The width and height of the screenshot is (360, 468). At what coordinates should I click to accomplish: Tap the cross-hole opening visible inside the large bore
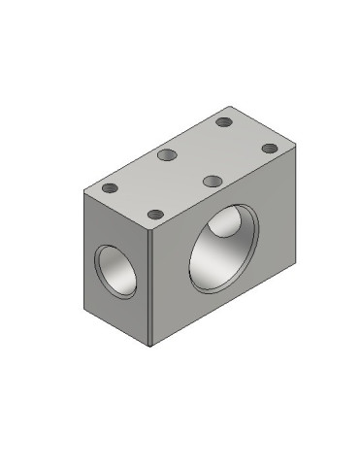[x=225, y=225]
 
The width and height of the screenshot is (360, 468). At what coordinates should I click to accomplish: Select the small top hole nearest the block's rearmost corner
[x=224, y=123]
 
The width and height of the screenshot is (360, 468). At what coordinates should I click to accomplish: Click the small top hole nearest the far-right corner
[x=269, y=148]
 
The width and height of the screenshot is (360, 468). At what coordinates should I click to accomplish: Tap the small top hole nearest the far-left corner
[x=110, y=187]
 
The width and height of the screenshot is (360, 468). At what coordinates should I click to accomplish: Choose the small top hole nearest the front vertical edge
[x=153, y=214]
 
